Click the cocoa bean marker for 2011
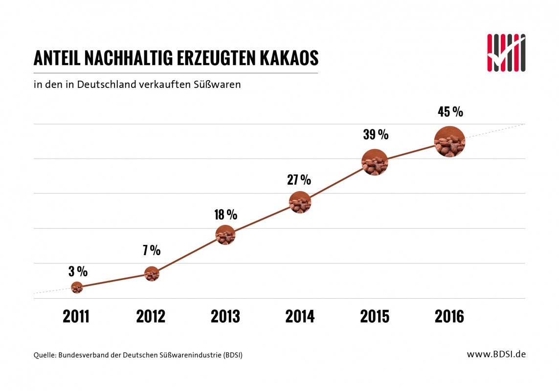point(77,287)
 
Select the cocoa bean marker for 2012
point(152,274)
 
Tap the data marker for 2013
point(225,235)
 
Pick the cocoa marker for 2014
point(300,202)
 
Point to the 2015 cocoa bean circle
point(375,162)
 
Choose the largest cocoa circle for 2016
point(449,141)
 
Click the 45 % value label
point(450,112)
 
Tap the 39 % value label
point(376,134)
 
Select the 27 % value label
point(299,180)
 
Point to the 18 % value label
point(225,215)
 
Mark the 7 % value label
point(152,251)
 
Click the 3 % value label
point(78,271)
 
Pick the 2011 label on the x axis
point(76,317)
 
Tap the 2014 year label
point(300,317)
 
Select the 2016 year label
point(449,317)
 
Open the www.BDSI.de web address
point(496,354)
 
